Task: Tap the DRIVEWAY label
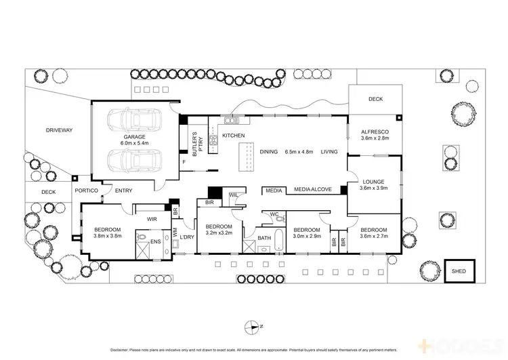pyautogui.click(x=59, y=130)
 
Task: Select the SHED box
pyautogui.click(x=459, y=270)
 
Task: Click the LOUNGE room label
pyautogui.click(x=375, y=182)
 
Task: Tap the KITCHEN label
pyautogui.click(x=234, y=136)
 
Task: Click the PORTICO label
pyautogui.click(x=87, y=191)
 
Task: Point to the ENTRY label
pyautogui.click(x=123, y=191)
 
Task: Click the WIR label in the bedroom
pyautogui.click(x=152, y=218)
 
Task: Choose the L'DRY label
pyautogui.click(x=187, y=236)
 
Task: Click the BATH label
pyautogui.click(x=263, y=238)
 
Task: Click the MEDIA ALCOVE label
pyautogui.click(x=312, y=190)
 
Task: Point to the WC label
pyautogui.click(x=274, y=215)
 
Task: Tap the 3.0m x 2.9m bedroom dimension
pyautogui.click(x=306, y=237)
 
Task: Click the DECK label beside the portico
pyautogui.click(x=48, y=192)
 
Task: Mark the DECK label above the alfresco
pyautogui.click(x=375, y=99)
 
